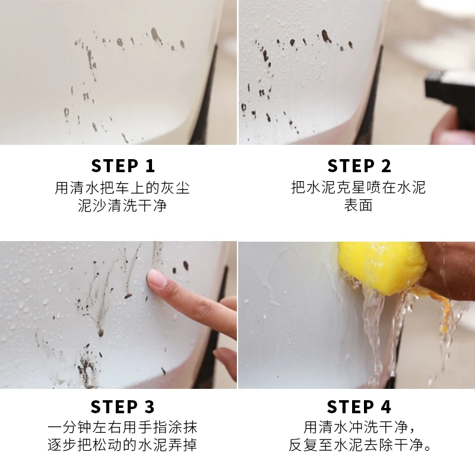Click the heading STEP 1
[123, 166]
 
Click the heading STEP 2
[359, 166]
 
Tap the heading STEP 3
[123, 407]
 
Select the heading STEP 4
[359, 407]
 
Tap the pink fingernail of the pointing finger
[157, 278]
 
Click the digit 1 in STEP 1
[150, 166]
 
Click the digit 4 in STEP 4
[385, 407]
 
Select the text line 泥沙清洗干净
[122, 205]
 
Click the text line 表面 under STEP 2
[359, 205]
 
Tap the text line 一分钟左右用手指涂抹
[122, 427]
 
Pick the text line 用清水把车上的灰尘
[122, 188]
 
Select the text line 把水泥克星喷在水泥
[359, 188]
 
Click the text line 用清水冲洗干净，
[360, 427]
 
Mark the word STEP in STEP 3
[114, 407]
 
